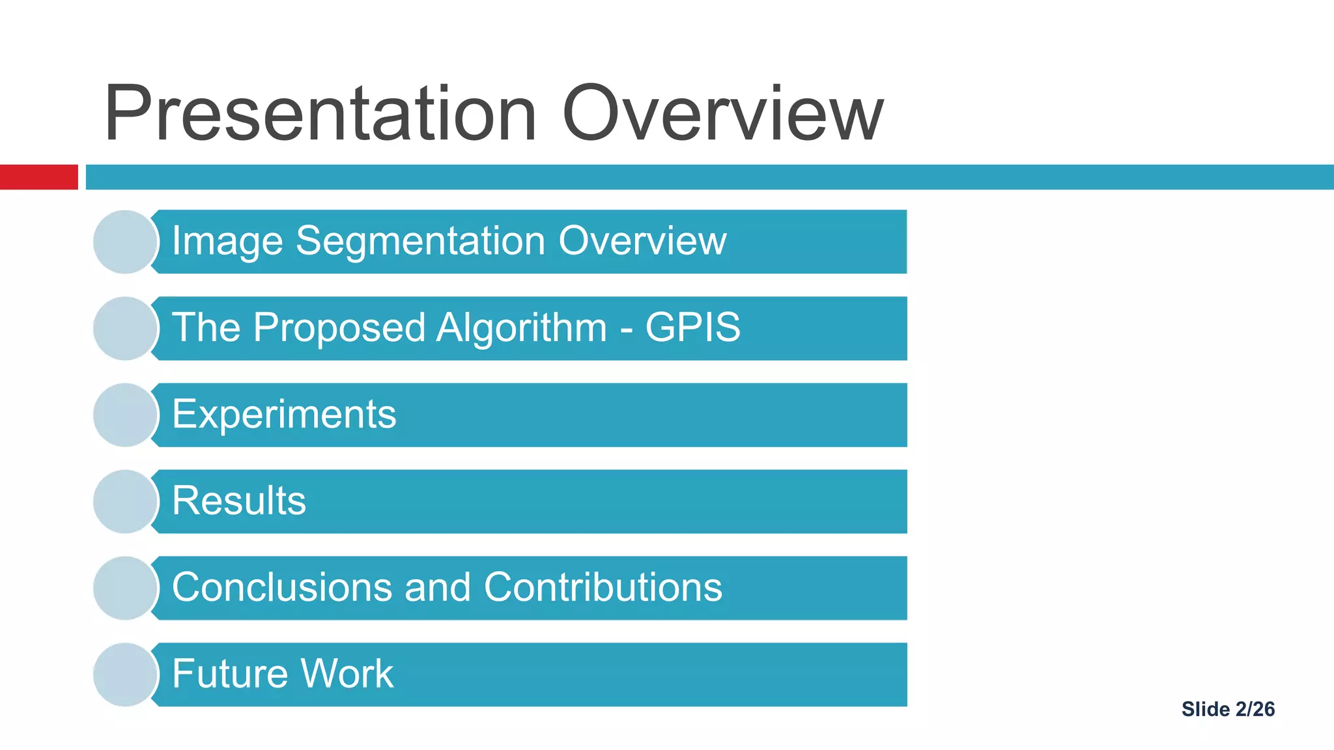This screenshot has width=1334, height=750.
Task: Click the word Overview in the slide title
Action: (x=722, y=114)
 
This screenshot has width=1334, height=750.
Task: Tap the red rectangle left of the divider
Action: (x=38, y=177)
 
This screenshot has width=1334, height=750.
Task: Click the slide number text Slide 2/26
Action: (x=1228, y=709)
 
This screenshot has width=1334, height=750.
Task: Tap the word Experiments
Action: (x=284, y=415)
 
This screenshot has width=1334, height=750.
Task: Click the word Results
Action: (x=239, y=501)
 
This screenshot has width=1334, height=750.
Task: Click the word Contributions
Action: (x=603, y=587)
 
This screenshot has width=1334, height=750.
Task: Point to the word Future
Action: (x=229, y=674)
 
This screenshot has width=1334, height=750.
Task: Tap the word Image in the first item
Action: (x=227, y=242)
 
